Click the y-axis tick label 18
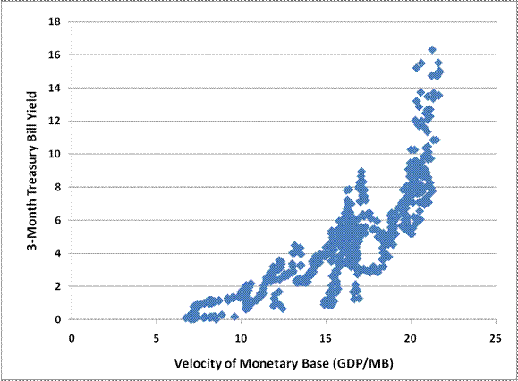tap(57, 21)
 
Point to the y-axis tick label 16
tap(57, 55)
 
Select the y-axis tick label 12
tap(57, 121)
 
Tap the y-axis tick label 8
tap(60, 187)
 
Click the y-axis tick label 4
tap(60, 253)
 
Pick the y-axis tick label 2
tap(60, 286)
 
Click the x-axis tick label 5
tap(157, 338)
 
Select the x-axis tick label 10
tap(241, 338)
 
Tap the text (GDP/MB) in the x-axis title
tap(356, 364)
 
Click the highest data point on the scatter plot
tap(432, 50)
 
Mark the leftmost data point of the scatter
tap(186, 317)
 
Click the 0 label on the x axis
tap(72, 338)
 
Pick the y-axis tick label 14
tap(57, 88)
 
